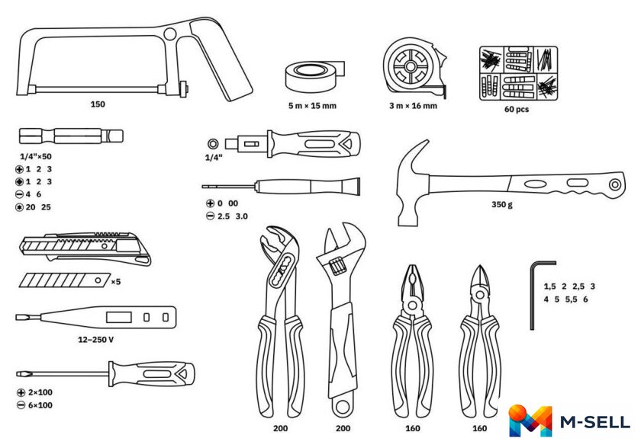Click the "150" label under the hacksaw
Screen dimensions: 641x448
pos(98,104)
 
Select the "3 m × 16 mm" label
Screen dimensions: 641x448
pos(413,106)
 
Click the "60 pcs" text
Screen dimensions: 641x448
pos(517,109)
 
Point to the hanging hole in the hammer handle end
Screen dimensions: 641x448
pos(615,184)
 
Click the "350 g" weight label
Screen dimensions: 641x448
pos(501,204)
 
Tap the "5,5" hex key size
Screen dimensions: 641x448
pos(571,299)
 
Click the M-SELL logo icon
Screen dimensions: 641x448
pos(530,421)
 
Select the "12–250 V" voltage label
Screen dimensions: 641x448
pos(95,340)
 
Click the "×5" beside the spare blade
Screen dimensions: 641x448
pos(116,282)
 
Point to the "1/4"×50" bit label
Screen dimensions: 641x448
pos(36,156)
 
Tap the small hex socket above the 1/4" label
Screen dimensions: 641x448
pos(213,144)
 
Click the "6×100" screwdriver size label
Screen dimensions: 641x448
pos(40,405)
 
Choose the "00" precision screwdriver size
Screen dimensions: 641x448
pos(233,203)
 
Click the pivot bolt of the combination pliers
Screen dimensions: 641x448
pos(412,305)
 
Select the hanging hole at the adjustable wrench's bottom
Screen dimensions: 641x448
pos(342,406)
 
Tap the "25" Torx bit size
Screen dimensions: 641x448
pos(46,207)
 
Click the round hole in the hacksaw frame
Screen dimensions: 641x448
pos(169,34)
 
